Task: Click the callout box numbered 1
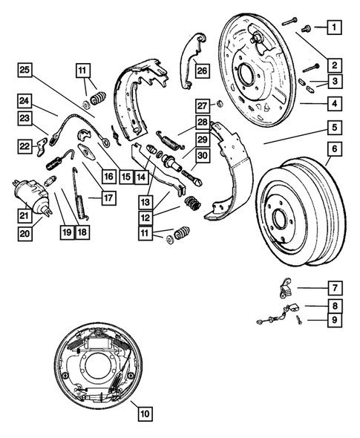point(335,28)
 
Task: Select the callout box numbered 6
point(335,149)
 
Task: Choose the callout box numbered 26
point(202,71)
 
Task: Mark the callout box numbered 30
point(203,157)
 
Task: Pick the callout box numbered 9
point(335,320)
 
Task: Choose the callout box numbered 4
point(335,104)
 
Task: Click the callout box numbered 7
point(335,287)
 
